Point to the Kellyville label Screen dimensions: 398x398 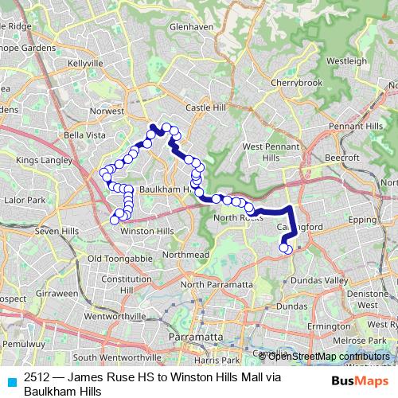coord(88,62)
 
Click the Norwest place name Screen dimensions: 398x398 coord(107,111)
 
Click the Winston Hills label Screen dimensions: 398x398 coord(146,231)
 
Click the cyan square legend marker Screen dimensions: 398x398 coord(10,381)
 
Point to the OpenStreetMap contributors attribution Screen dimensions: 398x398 coord(329,356)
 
